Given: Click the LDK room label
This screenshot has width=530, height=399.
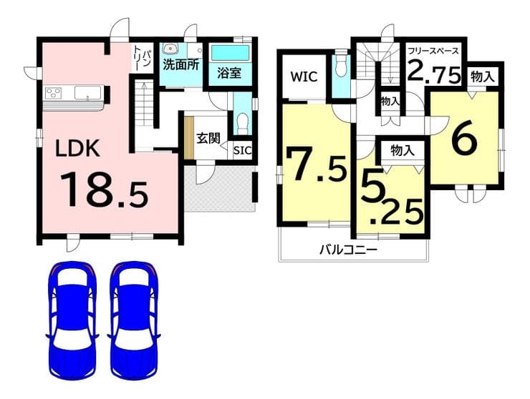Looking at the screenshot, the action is click(77, 148).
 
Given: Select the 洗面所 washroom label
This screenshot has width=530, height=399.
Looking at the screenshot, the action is click(180, 65).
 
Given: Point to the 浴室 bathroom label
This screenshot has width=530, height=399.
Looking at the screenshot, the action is click(229, 73).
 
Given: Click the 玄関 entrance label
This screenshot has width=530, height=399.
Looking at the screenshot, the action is click(208, 139).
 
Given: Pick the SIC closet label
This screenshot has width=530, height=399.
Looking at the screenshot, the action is click(243, 151).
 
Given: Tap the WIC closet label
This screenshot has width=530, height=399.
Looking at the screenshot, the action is click(304, 77).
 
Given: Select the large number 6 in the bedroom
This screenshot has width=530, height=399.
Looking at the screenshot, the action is click(465, 139).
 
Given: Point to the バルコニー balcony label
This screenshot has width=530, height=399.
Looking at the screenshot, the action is click(348, 250).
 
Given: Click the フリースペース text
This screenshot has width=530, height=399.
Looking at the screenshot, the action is click(433, 51).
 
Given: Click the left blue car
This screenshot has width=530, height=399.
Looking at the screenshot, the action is click(72, 320).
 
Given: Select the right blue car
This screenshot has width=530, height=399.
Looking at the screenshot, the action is click(134, 320).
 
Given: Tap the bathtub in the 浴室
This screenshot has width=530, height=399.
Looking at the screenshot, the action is click(230, 54).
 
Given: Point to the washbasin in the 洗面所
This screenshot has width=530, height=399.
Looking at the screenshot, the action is click(170, 49).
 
